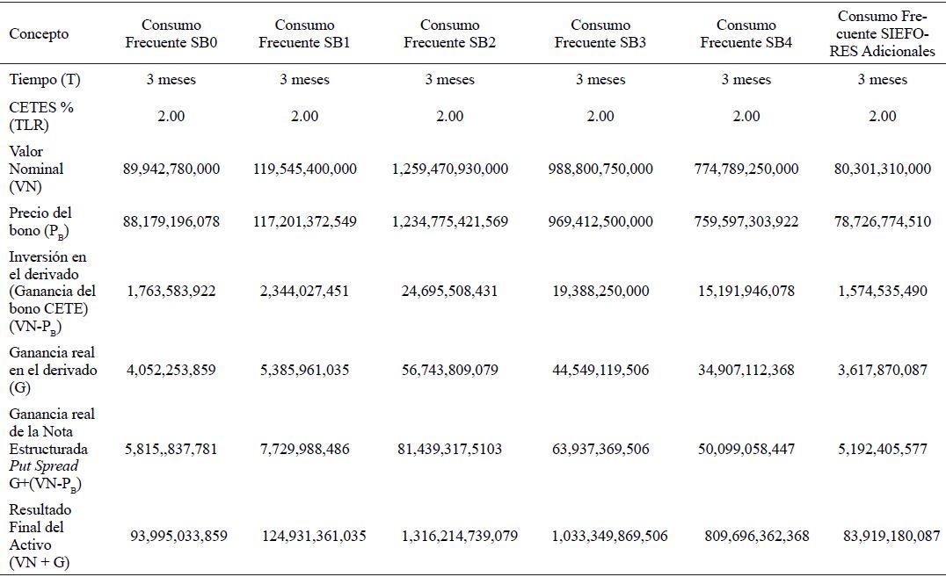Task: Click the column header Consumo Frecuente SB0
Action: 171,34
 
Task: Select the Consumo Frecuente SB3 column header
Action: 600,34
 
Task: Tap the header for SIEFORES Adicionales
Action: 882,34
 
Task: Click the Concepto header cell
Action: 39,34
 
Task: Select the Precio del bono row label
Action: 42,220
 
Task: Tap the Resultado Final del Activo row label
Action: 40,536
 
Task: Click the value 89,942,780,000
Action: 171,169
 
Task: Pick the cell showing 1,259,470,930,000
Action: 449,169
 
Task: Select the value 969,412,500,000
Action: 600,221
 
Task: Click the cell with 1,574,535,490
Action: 882,291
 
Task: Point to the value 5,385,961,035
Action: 304,370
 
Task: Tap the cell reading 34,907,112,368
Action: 746,370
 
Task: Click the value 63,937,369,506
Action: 600,449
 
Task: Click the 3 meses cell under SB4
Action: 746,80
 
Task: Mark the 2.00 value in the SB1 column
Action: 304,116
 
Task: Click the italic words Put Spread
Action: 43,465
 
